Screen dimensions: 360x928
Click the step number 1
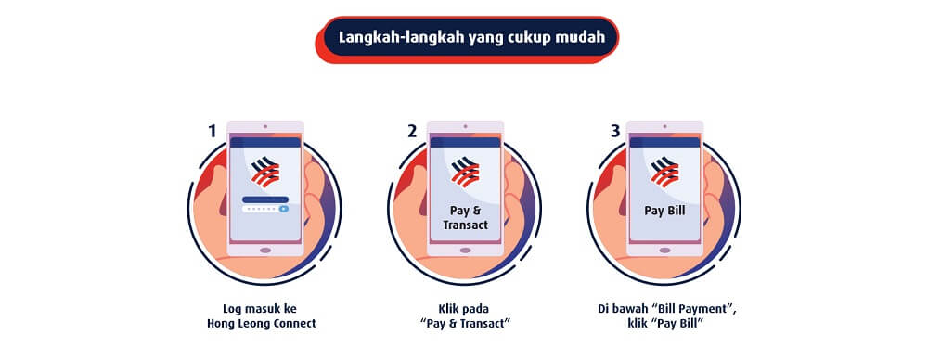click(212, 131)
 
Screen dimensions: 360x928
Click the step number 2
click(412, 131)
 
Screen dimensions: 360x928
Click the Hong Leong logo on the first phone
click(265, 173)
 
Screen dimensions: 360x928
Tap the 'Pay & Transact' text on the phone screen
click(465, 218)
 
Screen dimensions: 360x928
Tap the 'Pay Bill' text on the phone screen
click(665, 211)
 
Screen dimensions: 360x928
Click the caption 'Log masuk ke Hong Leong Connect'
click(264, 315)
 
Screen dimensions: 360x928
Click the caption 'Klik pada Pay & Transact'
click(465, 315)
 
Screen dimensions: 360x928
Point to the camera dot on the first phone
click(265, 126)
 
